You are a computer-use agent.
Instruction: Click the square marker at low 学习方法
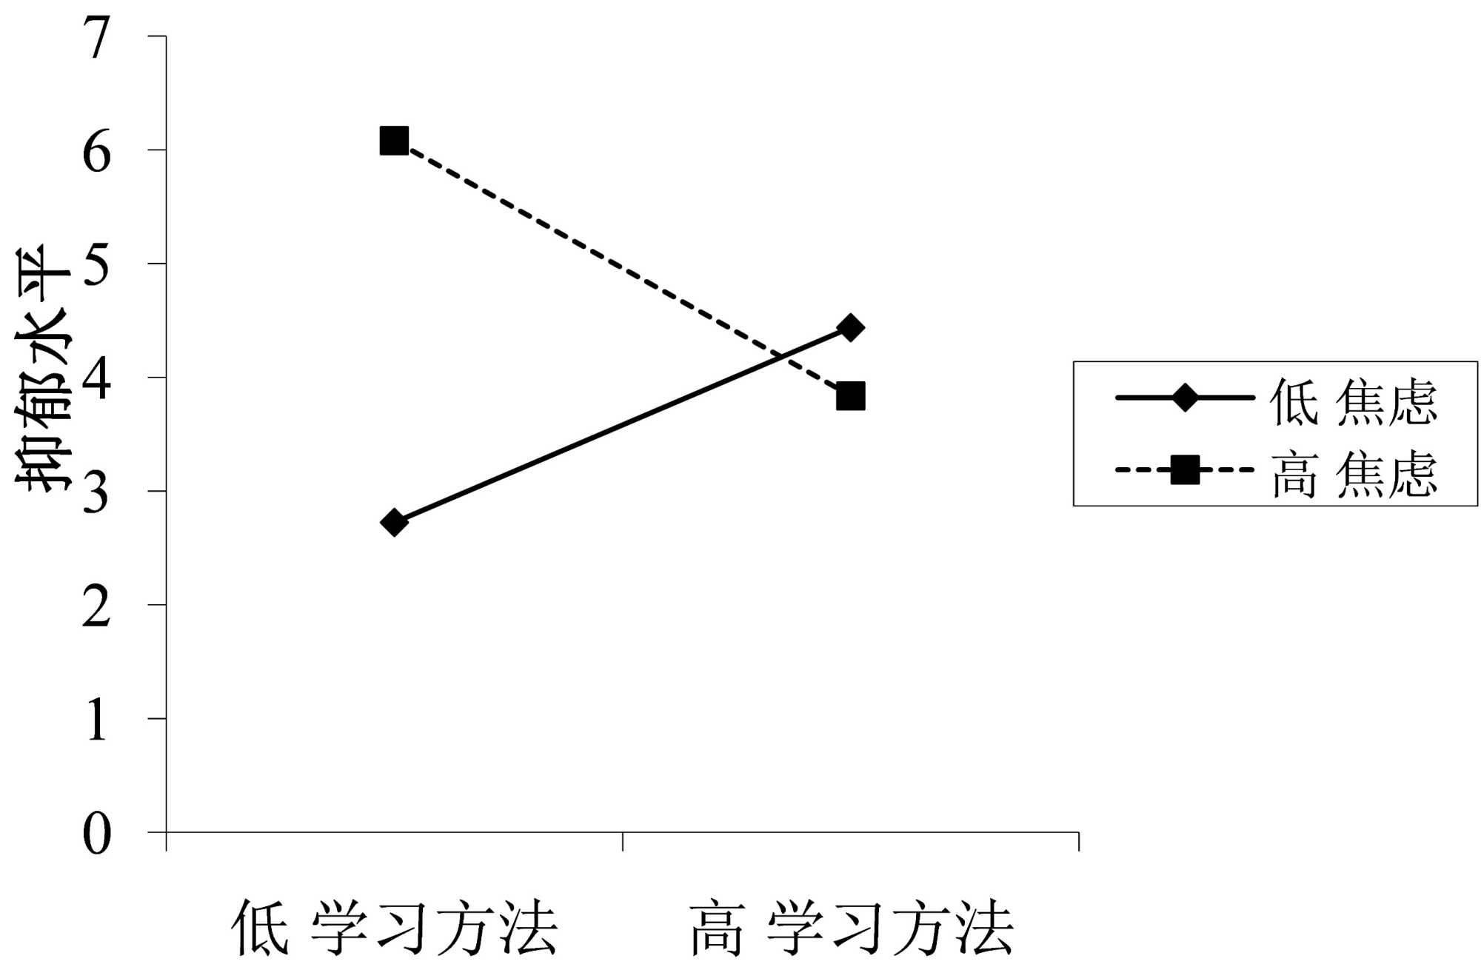pos(394,140)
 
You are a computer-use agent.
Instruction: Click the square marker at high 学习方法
pos(850,397)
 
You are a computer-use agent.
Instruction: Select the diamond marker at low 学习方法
pos(394,523)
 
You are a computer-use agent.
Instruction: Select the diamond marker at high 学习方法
pos(850,327)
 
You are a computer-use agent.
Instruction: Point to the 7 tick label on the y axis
pos(97,38)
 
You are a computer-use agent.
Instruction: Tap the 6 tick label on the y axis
pos(97,152)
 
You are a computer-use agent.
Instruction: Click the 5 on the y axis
pos(97,265)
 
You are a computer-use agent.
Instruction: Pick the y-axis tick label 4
pos(97,379)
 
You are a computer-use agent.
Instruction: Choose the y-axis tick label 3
pos(97,493)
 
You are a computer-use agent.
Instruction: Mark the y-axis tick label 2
pos(97,606)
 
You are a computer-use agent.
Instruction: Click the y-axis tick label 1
pos(97,720)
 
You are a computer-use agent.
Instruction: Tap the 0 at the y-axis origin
pos(97,834)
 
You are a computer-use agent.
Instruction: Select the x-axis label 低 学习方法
pos(394,928)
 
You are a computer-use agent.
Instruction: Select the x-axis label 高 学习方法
pos(851,928)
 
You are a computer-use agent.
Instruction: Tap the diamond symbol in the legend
pos(1184,398)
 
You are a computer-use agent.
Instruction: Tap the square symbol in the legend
pos(1184,469)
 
